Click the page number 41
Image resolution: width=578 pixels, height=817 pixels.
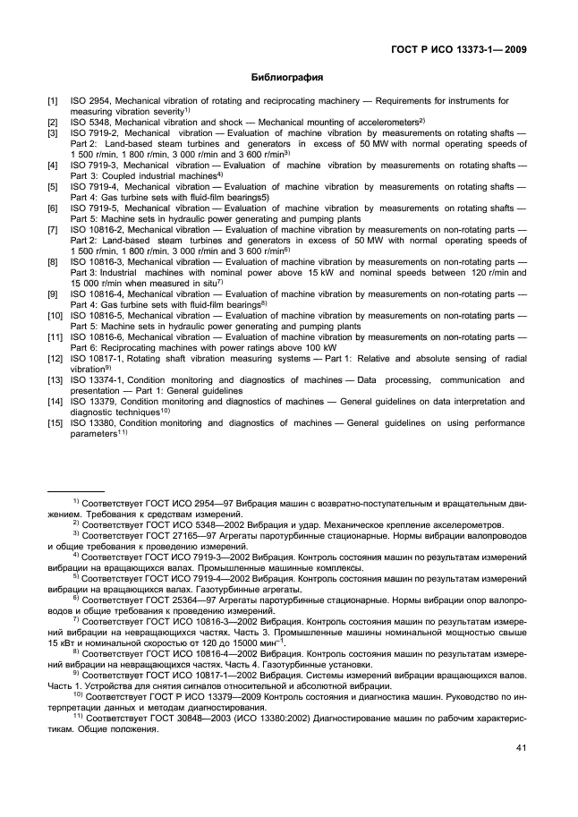[520, 748]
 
